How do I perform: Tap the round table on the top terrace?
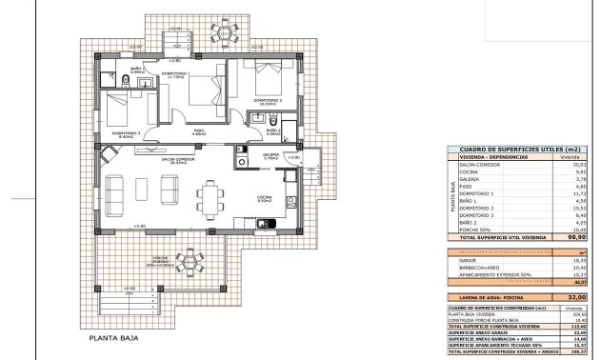coord(226,34)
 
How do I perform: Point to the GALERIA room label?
coord(271,155)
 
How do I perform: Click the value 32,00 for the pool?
coord(570,297)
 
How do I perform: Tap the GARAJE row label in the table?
coord(467,260)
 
